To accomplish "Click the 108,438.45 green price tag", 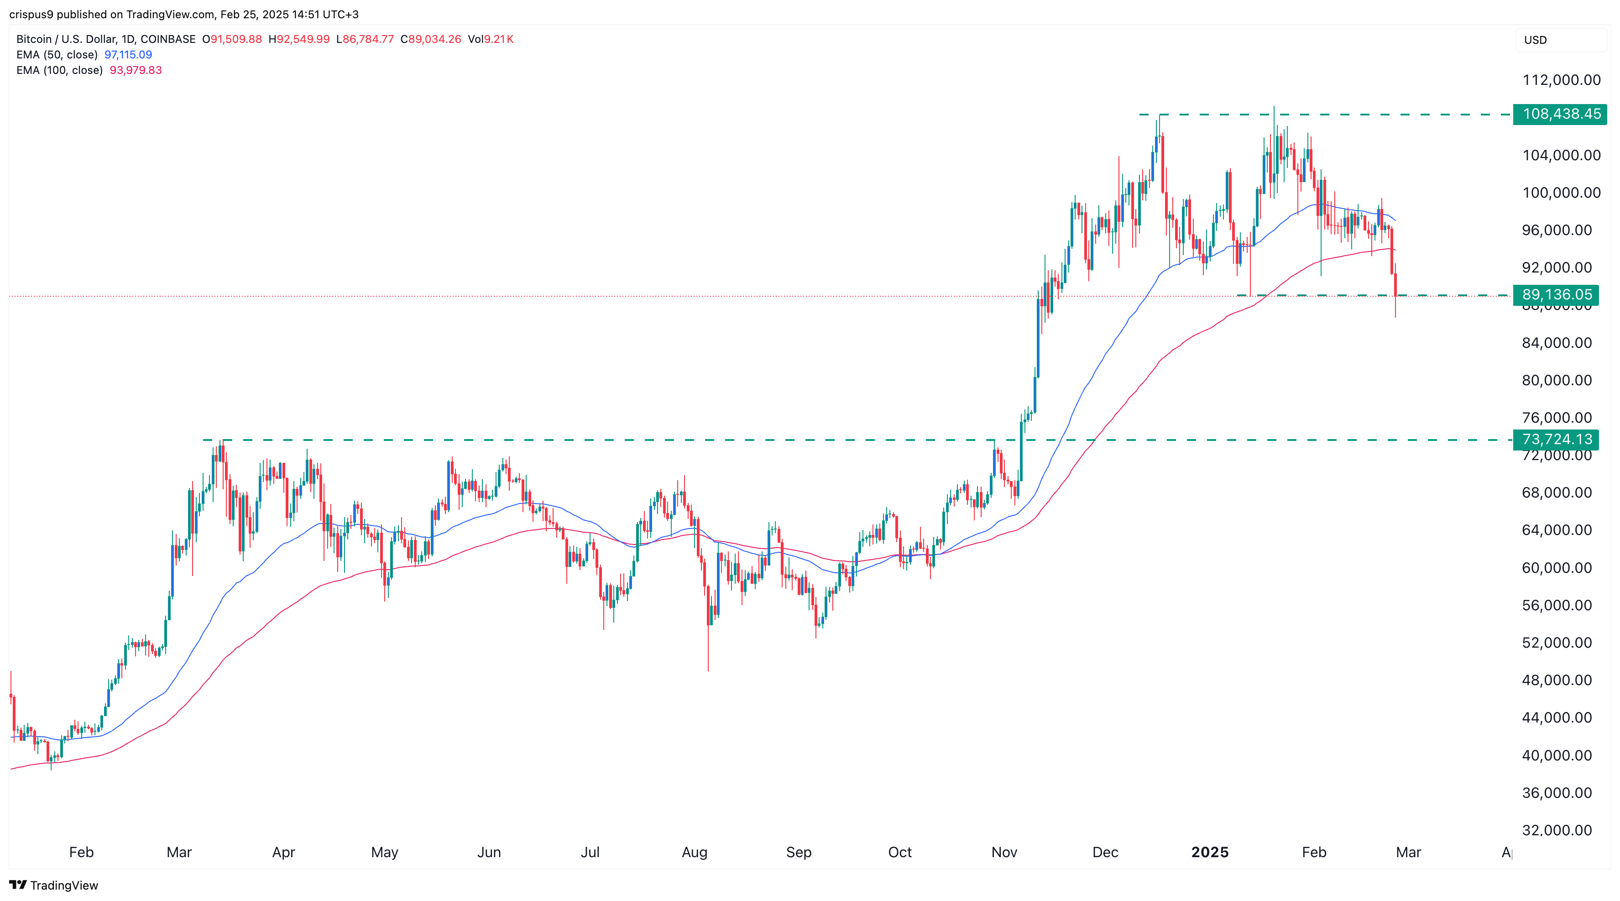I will [x=1560, y=114].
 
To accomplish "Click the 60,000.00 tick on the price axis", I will [x=1557, y=567].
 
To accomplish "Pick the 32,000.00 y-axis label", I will [x=1557, y=830].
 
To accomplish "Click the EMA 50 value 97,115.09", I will [x=128, y=55].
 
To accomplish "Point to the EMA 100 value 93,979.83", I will [x=136, y=70].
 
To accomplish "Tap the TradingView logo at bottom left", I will [x=54, y=885].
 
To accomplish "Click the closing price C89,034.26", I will [x=431, y=39].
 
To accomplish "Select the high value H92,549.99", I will [x=299, y=39].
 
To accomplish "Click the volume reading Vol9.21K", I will [x=491, y=39].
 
